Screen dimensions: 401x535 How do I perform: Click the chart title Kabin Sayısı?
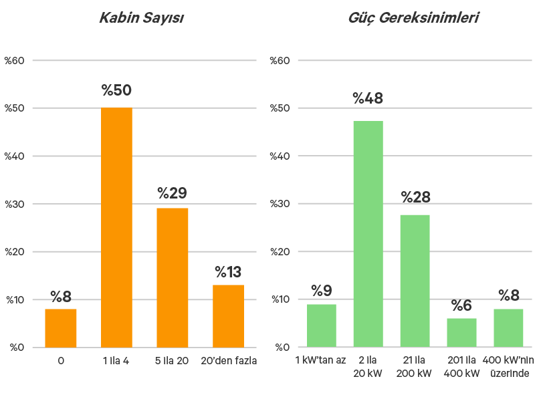tap(141, 18)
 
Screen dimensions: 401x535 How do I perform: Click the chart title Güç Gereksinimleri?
tap(414, 18)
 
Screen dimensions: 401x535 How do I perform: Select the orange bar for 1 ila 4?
tap(116, 227)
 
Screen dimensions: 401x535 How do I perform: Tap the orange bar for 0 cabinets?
tap(61, 327)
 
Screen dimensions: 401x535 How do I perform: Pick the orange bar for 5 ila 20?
tap(173, 277)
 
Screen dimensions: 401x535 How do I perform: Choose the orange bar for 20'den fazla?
tap(228, 315)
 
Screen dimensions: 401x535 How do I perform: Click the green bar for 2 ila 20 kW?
tap(368, 234)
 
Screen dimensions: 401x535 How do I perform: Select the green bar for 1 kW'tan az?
tap(321, 325)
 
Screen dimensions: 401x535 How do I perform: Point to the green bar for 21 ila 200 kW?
tap(415, 281)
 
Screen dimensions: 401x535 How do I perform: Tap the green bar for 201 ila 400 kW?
tap(461, 332)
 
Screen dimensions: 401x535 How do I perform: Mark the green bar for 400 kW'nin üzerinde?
tap(508, 327)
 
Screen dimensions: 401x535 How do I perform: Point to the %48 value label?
tap(368, 99)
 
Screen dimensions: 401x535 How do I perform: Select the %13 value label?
tap(228, 272)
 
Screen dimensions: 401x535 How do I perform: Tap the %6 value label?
tap(461, 306)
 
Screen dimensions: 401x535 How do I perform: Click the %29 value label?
tap(173, 194)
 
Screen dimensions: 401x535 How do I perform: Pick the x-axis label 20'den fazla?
tap(228, 361)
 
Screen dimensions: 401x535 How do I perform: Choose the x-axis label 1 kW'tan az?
tap(320, 361)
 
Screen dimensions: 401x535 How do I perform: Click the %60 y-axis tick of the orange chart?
tap(15, 61)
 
